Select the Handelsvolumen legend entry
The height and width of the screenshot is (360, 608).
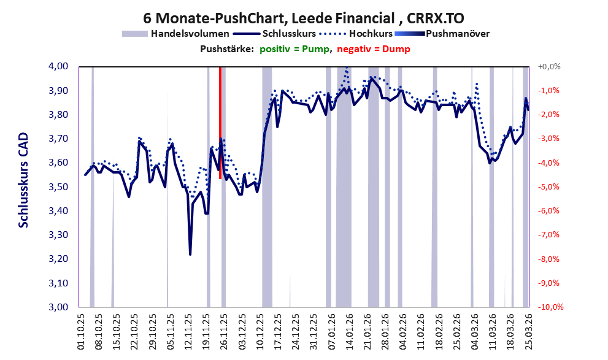pos(175,34)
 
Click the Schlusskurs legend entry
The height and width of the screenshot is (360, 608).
pos(274,34)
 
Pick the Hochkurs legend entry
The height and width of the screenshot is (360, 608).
pos(356,34)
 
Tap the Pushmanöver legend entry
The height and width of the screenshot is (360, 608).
pos(442,34)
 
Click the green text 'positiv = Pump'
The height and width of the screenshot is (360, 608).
pos(294,49)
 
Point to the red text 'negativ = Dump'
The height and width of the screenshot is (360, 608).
pos(374,49)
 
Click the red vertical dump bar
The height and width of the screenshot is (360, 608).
pos(220,123)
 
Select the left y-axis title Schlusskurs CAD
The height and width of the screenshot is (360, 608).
pos(24,180)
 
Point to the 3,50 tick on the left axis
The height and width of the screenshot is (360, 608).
pos(58,187)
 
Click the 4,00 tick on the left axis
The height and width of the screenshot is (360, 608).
pos(58,66)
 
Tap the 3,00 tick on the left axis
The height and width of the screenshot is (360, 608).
pos(58,307)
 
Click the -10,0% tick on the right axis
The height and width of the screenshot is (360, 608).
pos(550,307)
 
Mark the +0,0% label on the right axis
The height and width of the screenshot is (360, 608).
pos(549,67)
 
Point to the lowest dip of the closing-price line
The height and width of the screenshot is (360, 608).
pos(190,255)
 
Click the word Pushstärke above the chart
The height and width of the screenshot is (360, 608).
pos(227,49)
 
